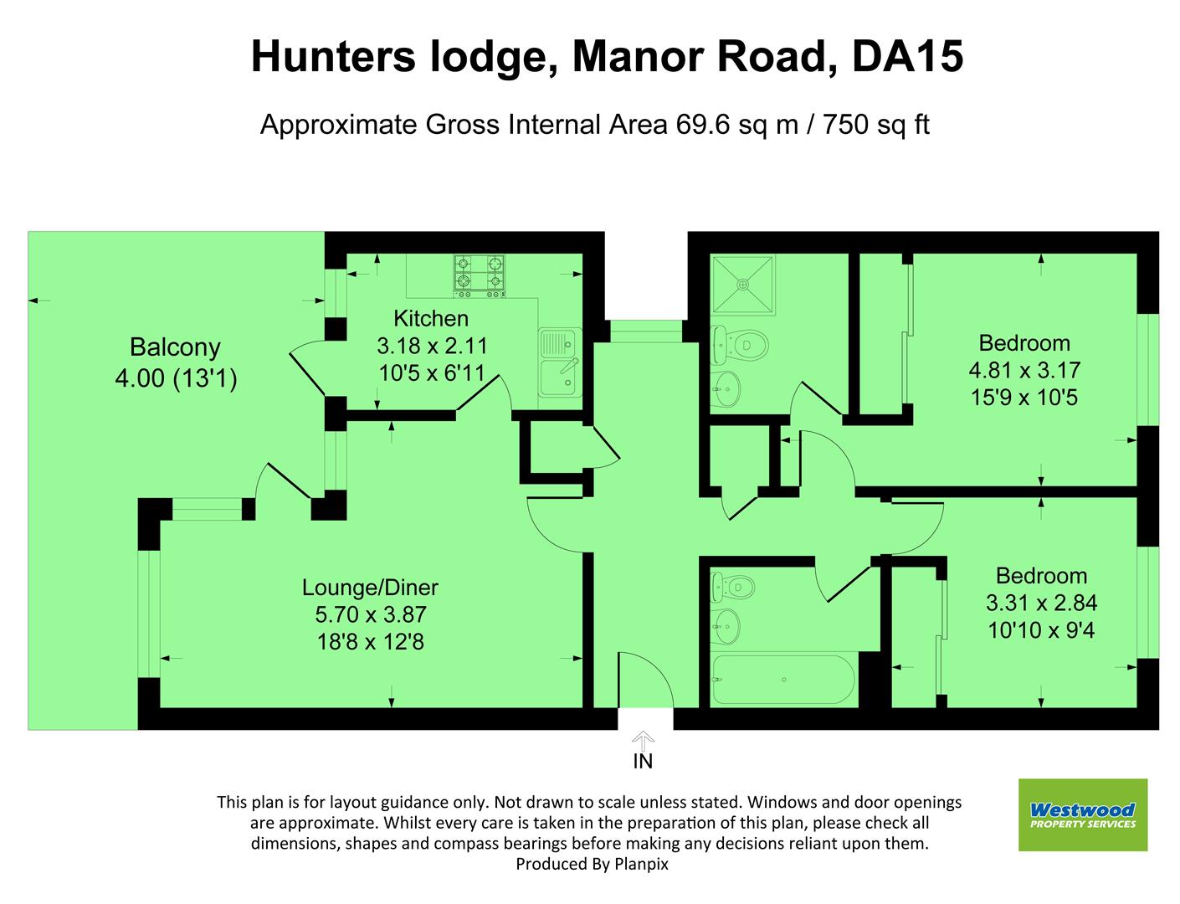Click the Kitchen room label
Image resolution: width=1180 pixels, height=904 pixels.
[x=431, y=318]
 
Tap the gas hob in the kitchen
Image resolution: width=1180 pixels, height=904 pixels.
[x=480, y=275]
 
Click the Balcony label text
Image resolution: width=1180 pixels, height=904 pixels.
[x=175, y=347]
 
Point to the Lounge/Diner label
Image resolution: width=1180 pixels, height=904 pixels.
[x=370, y=588]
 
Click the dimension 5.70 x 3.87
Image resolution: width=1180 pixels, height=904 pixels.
[x=370, y=614]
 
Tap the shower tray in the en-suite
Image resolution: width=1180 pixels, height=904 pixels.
[x=742, y=284]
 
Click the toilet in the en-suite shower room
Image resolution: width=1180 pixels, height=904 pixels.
[x=741, y=343]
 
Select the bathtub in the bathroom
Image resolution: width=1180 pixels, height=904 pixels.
[x=783, y=680]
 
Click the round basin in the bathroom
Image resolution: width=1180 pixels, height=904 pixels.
[x=726, y=624]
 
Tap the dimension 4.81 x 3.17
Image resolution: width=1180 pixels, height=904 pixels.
[x=1024, y=370]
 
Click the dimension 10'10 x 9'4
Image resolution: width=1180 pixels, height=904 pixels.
[x=1041, y=629]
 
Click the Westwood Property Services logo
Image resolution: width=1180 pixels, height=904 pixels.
[x=1082, y=814]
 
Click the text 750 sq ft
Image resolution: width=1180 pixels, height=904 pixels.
[x=876, y=125]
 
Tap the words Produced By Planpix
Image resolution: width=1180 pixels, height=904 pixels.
[x=592, y=864]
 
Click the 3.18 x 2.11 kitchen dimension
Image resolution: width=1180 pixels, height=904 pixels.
[x=432, y=345]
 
